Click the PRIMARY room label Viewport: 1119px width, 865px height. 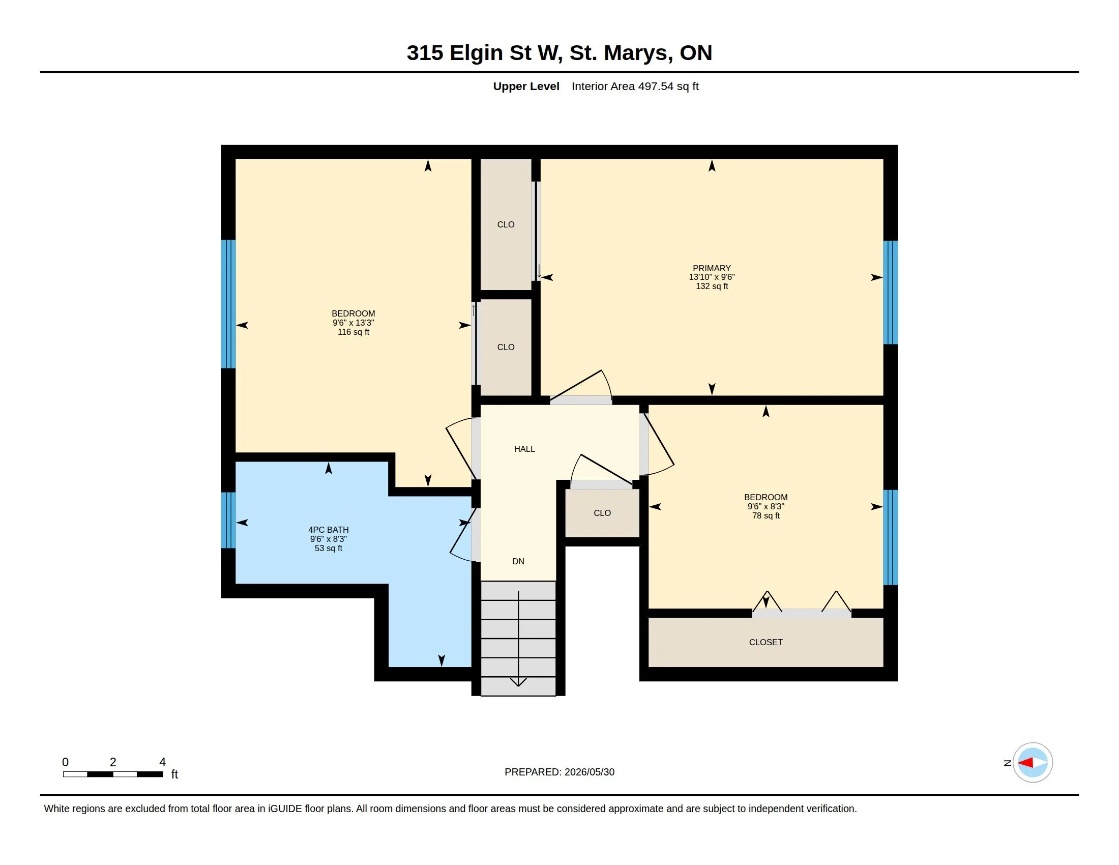(712, 268)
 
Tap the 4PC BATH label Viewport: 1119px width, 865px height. (329, 530)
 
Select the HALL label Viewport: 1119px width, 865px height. (524, 449)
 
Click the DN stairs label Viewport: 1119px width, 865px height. (518, 561)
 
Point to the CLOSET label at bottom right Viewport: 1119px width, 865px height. (765, 642)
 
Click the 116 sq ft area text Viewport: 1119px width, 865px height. (353, 332)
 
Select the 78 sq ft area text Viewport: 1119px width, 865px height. (765, 515)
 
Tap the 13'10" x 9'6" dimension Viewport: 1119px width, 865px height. (712, 277)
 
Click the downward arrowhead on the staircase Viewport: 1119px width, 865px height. (518, 681)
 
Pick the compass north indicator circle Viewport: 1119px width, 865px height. (1033, 763)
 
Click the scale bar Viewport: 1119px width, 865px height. (113, 774)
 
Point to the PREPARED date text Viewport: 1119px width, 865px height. (559, 772)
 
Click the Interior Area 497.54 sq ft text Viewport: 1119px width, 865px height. (635, 86)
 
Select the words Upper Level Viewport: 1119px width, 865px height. (526, 86)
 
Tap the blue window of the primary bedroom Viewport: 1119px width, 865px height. (891, 292)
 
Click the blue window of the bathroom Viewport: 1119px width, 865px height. (228, 520)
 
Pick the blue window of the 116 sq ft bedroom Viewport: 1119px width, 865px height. (228, 304)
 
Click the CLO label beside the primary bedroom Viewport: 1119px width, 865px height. (506, 224)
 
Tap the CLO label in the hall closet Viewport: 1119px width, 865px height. (602, 513)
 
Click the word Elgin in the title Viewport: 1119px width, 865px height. (476, 53)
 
